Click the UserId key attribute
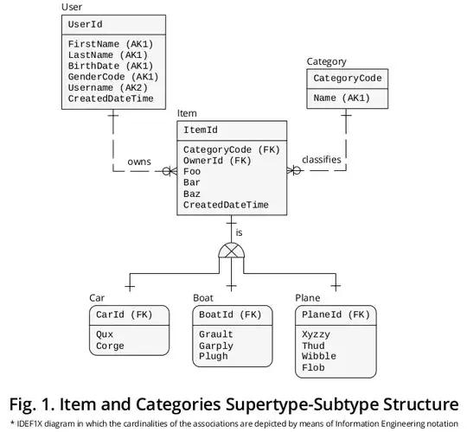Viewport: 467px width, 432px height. [x=86, y=24]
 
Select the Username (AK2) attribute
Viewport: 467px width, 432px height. [x=107, y=87]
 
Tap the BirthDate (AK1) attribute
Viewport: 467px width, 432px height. [x=111, y=65]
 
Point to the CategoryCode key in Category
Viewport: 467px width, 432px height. [x=348, y=79]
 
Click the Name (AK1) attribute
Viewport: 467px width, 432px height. [x=342, y=98]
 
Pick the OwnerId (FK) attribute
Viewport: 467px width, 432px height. [x=217, y=160]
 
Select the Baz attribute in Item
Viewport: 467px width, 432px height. [x=192, y=194]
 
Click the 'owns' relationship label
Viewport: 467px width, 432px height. [x=139, y=161]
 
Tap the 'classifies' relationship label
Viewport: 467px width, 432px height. [x=321, y=160]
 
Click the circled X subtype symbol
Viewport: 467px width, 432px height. [x=231, y=251]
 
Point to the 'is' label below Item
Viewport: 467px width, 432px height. [x=240, y=232]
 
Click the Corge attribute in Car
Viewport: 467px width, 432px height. [x=109, y=346]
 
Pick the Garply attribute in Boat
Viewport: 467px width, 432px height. [x=216, y=346]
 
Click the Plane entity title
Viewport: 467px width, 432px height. [x=308, y=297]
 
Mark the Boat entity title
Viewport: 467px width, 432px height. [x=203, y=297]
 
